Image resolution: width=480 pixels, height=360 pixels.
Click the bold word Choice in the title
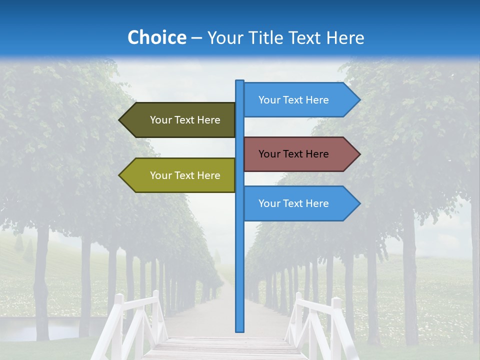tap(156, 37)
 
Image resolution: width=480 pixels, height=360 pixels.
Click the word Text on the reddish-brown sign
tap(293, 154)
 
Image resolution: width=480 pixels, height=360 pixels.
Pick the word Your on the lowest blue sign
tap(269, 203)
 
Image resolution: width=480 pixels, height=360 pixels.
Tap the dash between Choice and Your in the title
tap(196, 38)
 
